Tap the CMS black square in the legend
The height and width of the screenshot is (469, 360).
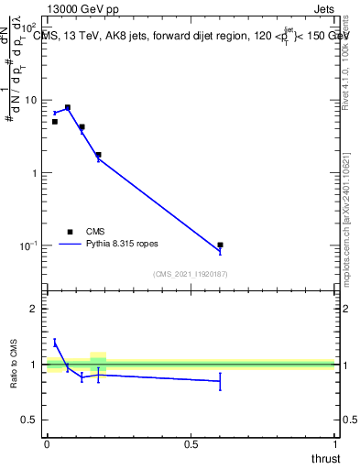tap(70, 232)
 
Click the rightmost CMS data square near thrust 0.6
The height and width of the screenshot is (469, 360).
tap(221, 245)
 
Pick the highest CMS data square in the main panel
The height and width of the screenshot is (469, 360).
tap(67, 107)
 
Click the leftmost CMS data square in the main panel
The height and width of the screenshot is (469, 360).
tap(55, 122)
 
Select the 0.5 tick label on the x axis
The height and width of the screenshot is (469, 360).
tap(191, 444)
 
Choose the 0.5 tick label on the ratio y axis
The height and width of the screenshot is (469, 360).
tap(31, 420)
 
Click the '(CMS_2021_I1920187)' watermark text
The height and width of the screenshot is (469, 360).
tap(191, 273)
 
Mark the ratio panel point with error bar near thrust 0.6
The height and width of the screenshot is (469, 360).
tap(220, 381)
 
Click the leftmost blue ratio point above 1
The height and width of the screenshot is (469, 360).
tap(55, 343)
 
